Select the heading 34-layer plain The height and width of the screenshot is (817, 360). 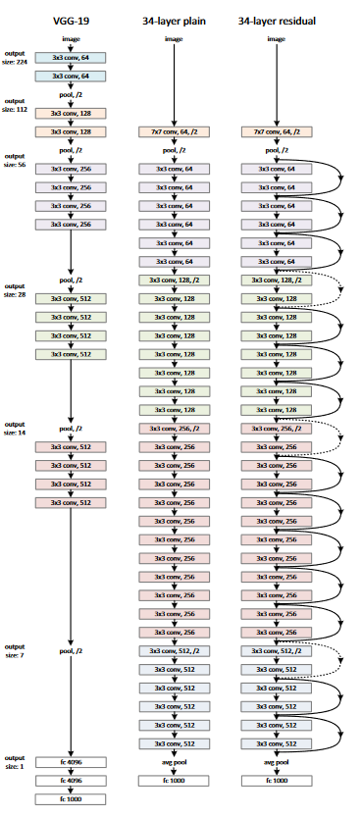[x=174, y=18]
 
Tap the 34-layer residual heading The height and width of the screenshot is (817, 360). [x=278, y=18]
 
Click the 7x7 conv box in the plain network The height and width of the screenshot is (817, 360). [x=174, y=130]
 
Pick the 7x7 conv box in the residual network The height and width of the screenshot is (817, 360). [x=278, y=130]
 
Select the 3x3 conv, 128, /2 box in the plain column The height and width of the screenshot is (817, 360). [x=174, y=280]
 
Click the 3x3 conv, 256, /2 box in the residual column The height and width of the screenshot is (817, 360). [x=278, y=429]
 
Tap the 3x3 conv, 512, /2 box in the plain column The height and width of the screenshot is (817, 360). [x=174, y=652]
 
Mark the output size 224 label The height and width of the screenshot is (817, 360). [x=15, y=54]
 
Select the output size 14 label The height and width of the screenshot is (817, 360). [x=15, y=428]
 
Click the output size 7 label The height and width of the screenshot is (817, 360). [x=15, y=651]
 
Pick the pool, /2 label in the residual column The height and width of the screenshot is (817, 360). [x=278, y=150]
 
